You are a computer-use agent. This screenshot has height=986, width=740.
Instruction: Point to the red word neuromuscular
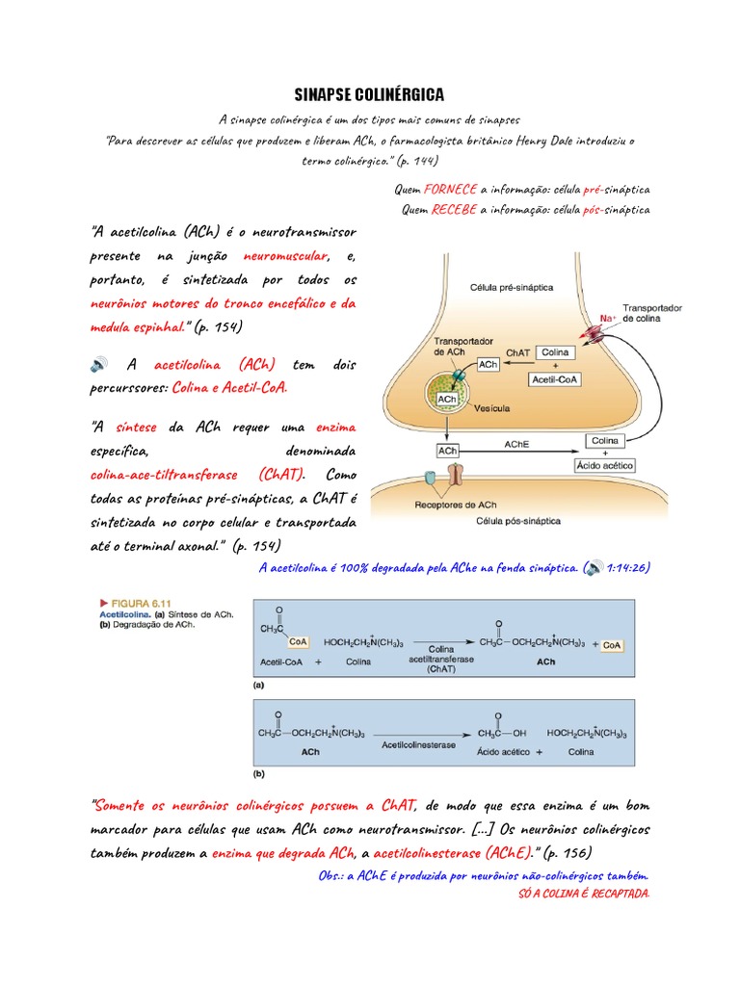click(286, 256)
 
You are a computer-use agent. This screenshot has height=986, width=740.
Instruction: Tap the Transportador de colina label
click(652, 312)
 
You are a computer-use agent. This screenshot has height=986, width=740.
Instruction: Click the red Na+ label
click(607, 317)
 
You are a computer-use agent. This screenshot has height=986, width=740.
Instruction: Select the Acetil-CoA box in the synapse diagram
click(555, 379)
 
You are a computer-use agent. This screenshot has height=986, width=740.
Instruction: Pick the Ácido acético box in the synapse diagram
click(604, 464)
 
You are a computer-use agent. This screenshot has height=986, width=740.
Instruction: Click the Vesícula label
click(492, 407)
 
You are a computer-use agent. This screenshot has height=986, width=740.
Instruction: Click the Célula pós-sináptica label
click(518, 521)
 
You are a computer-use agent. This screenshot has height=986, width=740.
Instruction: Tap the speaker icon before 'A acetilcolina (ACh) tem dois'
click(99, 365)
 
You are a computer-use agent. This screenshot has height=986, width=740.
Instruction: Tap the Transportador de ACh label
click(463, 347)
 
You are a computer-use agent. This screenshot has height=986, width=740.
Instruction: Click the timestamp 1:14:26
click(628, 567)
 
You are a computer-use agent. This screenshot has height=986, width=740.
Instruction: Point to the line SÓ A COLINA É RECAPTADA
click(583, 894)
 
